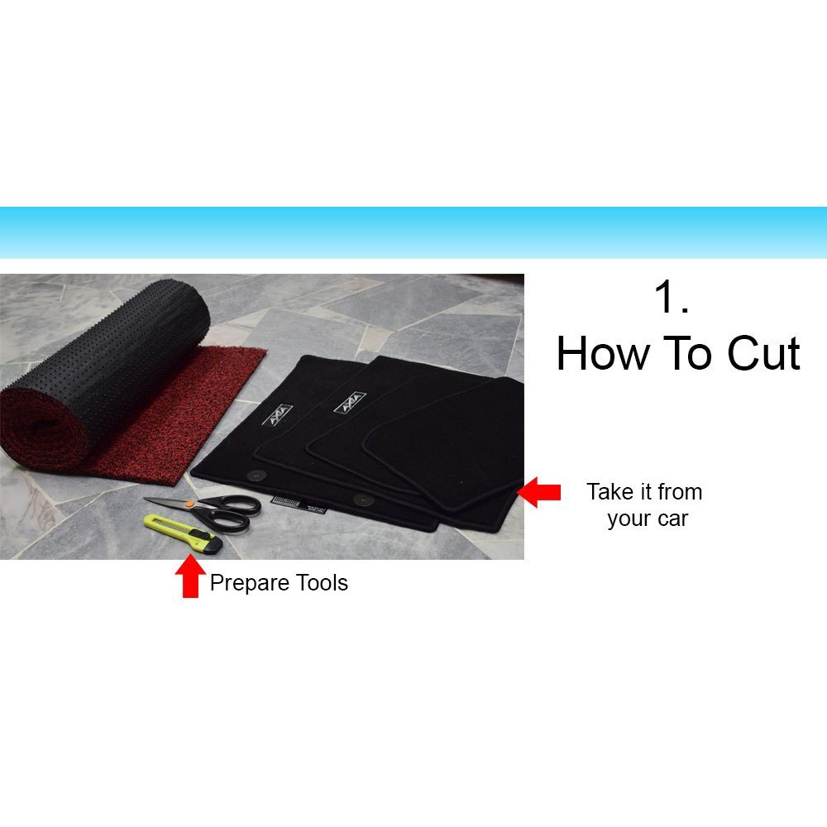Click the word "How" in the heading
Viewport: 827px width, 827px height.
coord(603,353)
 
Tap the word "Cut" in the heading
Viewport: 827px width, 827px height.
coord(763,353)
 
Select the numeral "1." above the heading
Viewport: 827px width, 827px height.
coord(672,296)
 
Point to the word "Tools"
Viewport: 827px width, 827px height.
coord(322,583)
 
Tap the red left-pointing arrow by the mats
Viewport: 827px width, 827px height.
coord(538,492)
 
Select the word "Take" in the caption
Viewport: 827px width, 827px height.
coord(610,492)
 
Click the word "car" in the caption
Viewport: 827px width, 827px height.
coord(673,519)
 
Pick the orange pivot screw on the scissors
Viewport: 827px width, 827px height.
coord(189,504)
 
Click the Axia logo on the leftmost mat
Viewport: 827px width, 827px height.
coord(278,415)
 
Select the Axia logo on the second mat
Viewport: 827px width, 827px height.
coord(350,403)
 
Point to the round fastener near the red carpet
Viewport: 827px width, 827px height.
coord(257,476)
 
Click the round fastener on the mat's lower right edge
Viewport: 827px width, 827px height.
coord(363,500)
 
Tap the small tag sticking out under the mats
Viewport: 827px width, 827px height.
coord(299,503)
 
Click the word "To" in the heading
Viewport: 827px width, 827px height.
coord(688,353)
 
